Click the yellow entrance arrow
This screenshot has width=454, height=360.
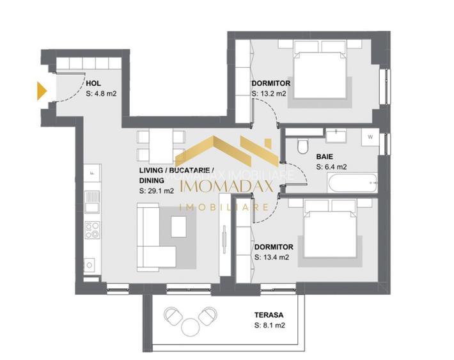pos(42,91)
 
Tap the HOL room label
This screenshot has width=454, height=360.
pos(93,82)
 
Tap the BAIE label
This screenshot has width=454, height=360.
pos(325,155)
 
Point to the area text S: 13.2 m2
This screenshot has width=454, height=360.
pos(269,94)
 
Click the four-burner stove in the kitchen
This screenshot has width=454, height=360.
pos(92,229)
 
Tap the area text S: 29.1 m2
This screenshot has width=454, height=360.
pos(157,191)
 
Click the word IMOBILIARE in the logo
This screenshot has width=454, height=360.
pos(223,207)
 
